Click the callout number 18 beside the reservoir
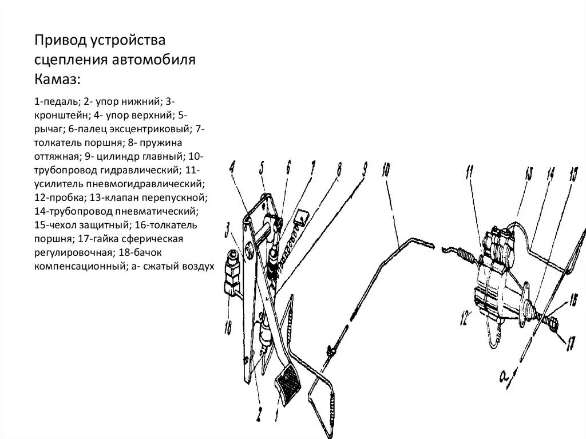click(229, 328)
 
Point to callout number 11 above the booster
click(470, 171)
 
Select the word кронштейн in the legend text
click(60, 114)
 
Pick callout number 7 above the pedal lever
click(312, 169)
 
